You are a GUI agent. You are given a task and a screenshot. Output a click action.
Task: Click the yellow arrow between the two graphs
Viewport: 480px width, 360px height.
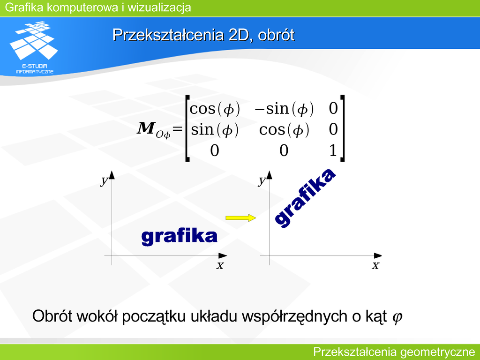click(240, 217)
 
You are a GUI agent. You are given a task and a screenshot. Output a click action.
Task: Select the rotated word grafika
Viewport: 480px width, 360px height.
click(305, 198)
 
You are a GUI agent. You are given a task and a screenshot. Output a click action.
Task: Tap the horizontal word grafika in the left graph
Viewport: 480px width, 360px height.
click(180, 237)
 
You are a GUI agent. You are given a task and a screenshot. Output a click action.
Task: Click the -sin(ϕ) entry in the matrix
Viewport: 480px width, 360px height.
click(284, 109)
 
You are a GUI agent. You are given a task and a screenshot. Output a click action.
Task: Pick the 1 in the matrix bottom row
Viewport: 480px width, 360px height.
click(333, 150)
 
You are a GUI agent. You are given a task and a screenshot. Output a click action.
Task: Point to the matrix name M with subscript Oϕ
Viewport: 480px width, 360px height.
click(154, 129)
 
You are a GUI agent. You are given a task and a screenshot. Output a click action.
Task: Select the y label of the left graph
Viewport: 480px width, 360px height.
click(105, 180)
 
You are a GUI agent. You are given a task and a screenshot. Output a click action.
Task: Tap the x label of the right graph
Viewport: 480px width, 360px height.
click(375, 265)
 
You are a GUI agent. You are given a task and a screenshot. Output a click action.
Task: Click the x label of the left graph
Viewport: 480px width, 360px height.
click(220, 265)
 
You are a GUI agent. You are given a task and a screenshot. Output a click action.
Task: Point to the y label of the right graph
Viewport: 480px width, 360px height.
click(262, 180)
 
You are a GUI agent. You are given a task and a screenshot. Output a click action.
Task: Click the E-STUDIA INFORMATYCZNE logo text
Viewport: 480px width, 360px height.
click(35, 69)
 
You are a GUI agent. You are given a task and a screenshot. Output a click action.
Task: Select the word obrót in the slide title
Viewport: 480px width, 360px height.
click(276, 35)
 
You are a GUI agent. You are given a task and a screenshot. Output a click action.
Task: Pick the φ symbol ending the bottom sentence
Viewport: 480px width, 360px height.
click(397, 317)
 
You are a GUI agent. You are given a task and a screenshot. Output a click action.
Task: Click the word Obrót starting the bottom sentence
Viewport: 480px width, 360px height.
click(52, 316)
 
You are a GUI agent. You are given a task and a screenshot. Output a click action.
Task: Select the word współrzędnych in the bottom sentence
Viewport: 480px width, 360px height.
click(294, 316)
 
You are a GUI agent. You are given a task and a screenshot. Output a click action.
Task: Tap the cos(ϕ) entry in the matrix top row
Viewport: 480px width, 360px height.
click(215, 109)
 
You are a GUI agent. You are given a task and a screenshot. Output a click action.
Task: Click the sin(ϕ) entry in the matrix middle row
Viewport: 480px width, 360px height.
click(215, 130)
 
